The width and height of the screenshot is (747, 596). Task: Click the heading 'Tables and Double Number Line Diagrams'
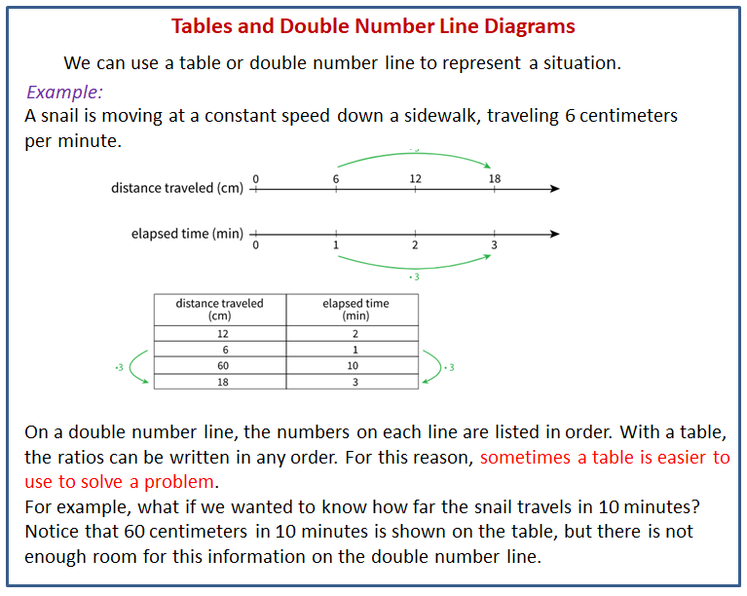tap(373, 26)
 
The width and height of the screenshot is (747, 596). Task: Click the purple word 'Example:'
tap(64, 93)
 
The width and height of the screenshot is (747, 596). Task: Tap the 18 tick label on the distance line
tap(495, 178)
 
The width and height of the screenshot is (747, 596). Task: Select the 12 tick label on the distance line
tap(415, 178)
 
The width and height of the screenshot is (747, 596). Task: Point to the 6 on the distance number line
tap(336, 178)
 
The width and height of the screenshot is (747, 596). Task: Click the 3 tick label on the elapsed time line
tap(494, 244)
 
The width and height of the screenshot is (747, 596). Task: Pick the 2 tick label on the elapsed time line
tap(415, 244)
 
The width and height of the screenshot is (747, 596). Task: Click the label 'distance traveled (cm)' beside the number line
tap(176, 188)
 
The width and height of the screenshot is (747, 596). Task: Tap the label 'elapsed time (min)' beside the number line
tap(187, 234)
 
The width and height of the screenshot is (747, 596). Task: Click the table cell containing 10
tap(353, 365)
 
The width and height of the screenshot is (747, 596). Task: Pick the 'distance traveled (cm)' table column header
tap(219, 310)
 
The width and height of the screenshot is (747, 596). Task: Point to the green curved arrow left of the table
tap(136, 366)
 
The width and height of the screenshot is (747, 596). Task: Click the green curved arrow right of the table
tap(433, 366)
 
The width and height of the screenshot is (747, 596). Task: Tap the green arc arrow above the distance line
tap(414, 153)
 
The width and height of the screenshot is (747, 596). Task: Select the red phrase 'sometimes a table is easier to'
tap(605, 458)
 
